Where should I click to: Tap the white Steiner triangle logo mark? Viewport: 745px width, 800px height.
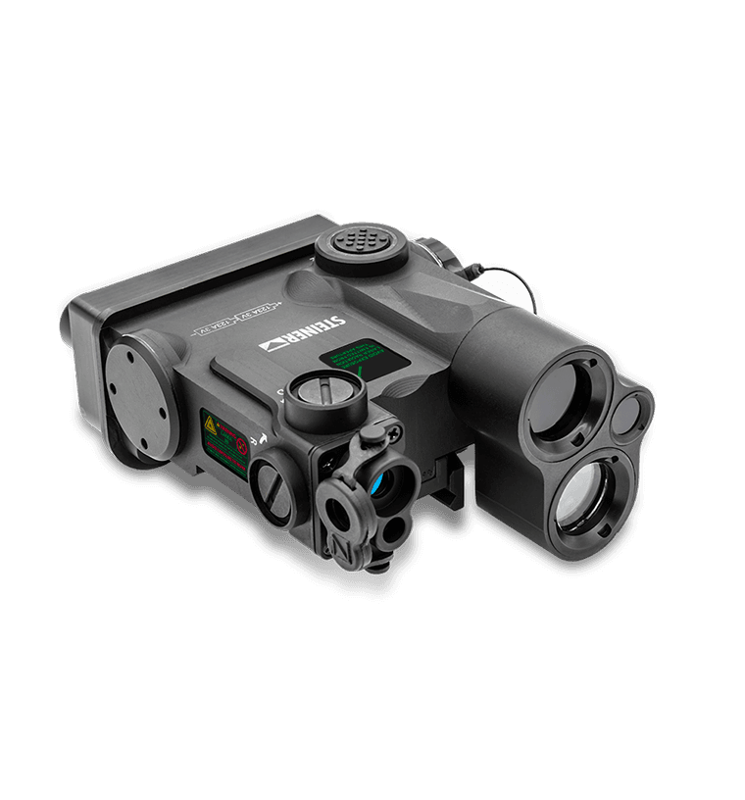pos(271,344)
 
